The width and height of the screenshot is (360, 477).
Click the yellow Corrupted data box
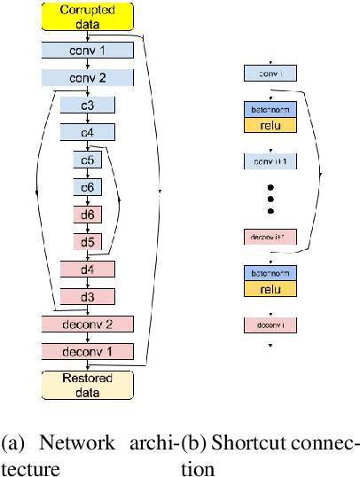point(88,15)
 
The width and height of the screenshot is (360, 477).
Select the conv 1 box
point(88,51)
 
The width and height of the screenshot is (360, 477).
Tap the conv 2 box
point(88,78)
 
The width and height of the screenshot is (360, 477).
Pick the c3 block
point(88,106)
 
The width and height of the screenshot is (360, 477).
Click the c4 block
point(88,133)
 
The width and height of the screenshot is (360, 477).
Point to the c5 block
point(88,160)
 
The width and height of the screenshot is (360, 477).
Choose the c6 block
point(88,187)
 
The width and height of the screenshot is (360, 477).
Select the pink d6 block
point(88,214)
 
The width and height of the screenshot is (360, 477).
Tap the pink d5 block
point(88,241)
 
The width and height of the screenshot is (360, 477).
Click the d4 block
point(88,269)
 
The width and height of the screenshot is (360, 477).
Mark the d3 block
point(88,295)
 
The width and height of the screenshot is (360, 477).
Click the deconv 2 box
point(88,324)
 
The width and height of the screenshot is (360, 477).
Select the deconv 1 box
point(88,351)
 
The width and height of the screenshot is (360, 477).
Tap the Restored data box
point(88,383)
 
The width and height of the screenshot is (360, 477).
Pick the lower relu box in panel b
point(270,288)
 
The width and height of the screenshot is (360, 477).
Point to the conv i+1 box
point(270,161)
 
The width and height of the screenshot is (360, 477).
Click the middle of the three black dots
point(270,199)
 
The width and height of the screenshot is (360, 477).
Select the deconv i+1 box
point(270,237)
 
